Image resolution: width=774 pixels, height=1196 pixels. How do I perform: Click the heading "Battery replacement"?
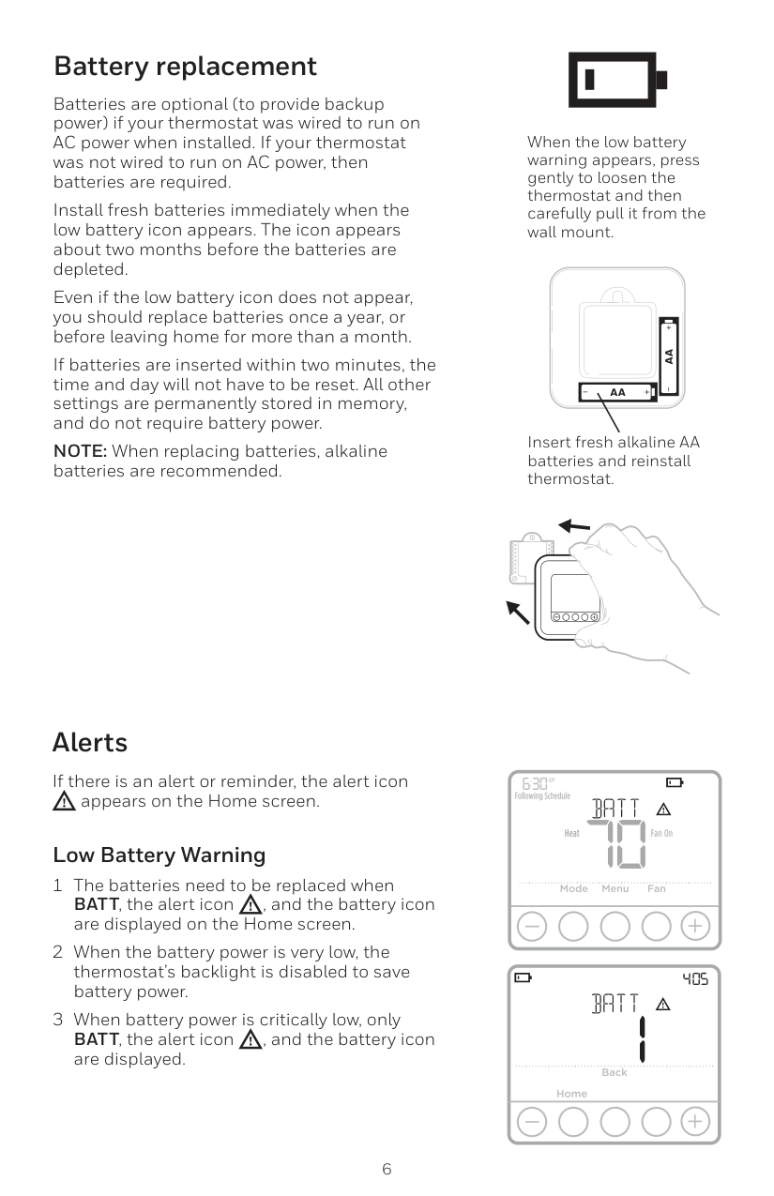pos(185,67)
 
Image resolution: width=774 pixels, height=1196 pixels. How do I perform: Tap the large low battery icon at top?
pos(616,79)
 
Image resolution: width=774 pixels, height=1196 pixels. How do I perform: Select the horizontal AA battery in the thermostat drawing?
pos(617,391)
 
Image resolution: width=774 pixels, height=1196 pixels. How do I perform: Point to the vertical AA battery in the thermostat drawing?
pos(669,356)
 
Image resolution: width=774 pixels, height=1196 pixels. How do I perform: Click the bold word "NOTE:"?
pos(81,451)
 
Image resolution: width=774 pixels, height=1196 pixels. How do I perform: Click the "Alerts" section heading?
pos(90,742)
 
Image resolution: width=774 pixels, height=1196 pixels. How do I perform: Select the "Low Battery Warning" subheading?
pos(159,855)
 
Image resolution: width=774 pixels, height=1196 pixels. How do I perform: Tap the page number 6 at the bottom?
pos(387,1169)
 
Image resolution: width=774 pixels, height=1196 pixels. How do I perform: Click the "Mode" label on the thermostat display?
pos(573,888)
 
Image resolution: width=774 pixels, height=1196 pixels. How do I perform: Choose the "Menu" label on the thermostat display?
pos(615,888)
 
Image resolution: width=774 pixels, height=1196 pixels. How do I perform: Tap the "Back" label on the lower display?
pos(615,1072)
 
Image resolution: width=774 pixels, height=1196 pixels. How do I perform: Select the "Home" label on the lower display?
pos(571,1094)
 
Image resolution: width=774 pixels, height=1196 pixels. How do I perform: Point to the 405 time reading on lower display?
pos(695,979)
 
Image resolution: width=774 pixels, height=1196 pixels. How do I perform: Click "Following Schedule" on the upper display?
pos(542,796)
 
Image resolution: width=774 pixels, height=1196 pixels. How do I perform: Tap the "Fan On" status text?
pos(661,833)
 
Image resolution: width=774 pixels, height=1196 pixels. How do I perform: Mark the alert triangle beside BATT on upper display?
pos(662,810)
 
